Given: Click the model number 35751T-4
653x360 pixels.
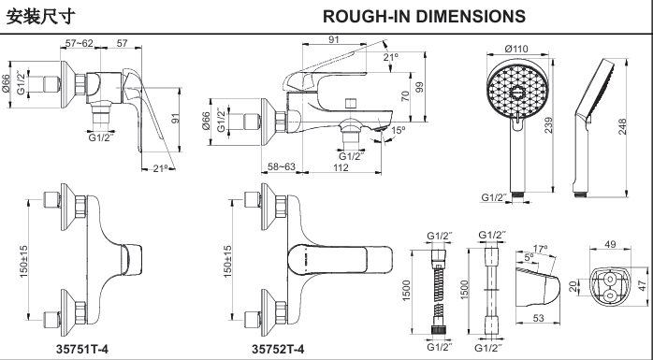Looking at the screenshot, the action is click(82, 349).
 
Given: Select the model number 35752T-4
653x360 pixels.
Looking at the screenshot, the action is click(278, 349).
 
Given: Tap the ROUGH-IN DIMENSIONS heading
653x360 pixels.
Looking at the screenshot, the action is click(424, 16).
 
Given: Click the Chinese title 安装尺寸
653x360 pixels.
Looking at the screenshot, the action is click(41, 16).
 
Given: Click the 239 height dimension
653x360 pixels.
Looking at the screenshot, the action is click(548, 125).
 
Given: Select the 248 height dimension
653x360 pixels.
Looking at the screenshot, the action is click(622, 127).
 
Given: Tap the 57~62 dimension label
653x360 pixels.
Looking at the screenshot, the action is click(80, 43).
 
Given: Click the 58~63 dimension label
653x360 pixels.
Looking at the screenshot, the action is click(281, 166).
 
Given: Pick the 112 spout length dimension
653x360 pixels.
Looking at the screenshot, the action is click(341, 167).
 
